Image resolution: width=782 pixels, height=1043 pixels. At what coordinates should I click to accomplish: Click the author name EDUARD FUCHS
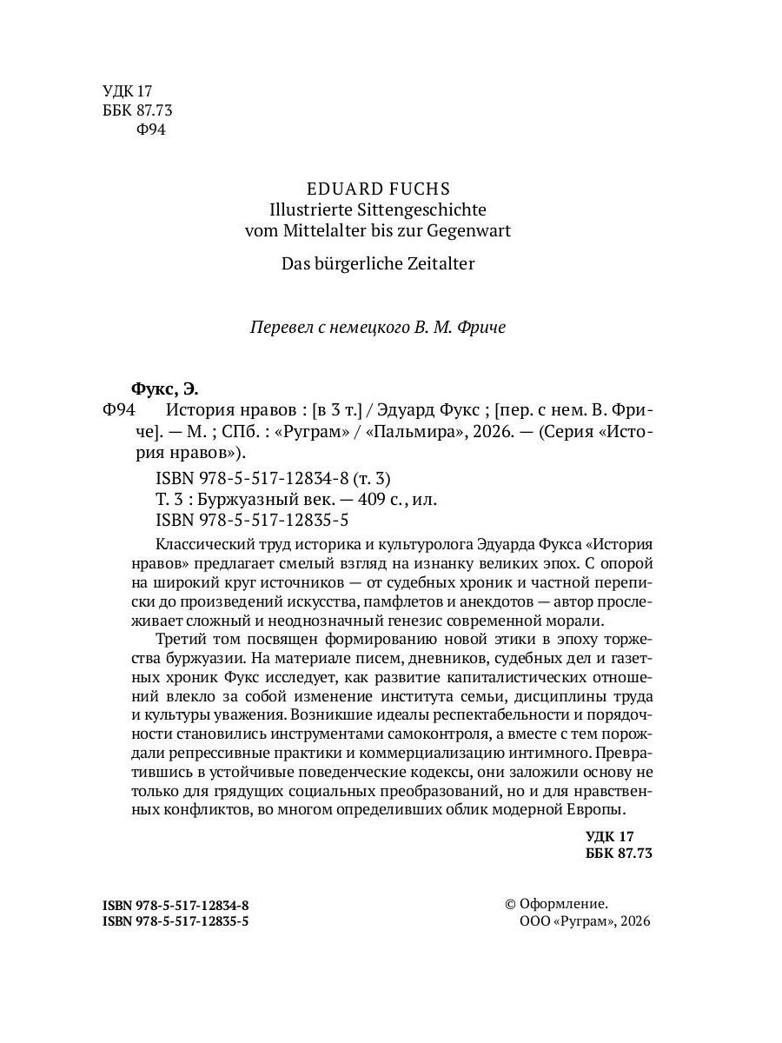coord(378,189)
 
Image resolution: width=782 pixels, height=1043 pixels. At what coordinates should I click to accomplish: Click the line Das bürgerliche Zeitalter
coord(378,263)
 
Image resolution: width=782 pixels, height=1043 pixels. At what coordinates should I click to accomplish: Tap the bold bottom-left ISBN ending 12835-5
coord(176,921)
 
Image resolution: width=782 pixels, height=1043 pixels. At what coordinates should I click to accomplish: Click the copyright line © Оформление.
coord(556,904)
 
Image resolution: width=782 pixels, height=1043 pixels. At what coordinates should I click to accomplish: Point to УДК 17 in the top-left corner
coord(127,90)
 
